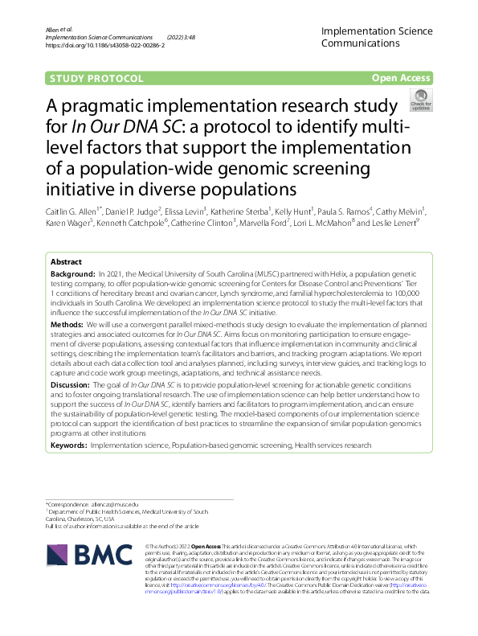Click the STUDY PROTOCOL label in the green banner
(x=96, y=78)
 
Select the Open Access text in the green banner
(x=401, y=78)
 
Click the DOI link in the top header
(x=105, y=46)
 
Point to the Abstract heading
(x=66, y=262)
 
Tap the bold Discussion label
(x=73, y=385)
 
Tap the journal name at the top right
(x=376, y=37)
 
